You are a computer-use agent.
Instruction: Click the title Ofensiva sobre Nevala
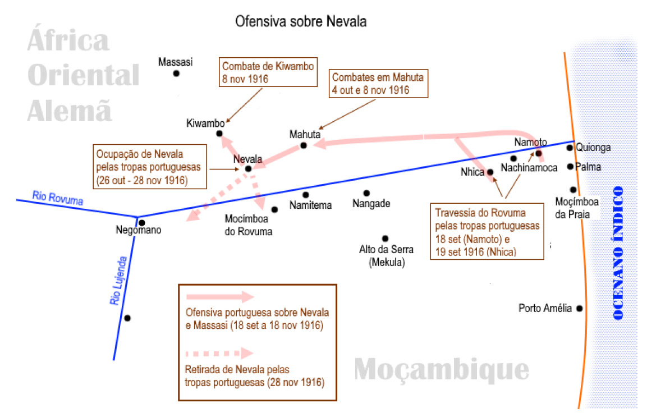click(301, 22)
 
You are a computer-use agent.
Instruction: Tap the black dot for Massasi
click(176, 73)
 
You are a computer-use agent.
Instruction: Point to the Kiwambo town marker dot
click(220, 134)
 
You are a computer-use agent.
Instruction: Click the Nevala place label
click(247, 158)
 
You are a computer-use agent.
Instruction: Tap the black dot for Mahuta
click(304, 145)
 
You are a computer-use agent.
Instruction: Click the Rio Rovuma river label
click(58, 198)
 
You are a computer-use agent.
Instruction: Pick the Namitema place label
click(311, 205)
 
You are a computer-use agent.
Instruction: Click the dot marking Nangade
click(366, 193)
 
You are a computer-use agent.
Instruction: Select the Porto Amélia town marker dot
click(580, 308)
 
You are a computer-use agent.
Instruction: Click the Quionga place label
click(593, 148)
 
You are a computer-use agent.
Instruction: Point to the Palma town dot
click(570, 167)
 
